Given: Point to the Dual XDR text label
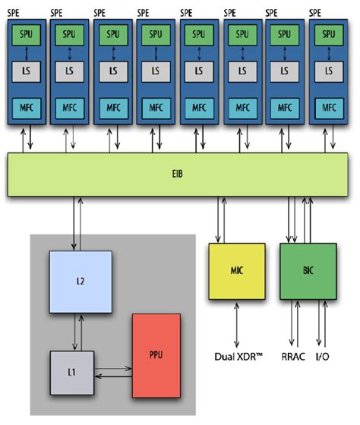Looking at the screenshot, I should (237, 354).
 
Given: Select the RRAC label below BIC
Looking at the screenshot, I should (294, 354).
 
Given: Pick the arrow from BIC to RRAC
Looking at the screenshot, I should (294, 325).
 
